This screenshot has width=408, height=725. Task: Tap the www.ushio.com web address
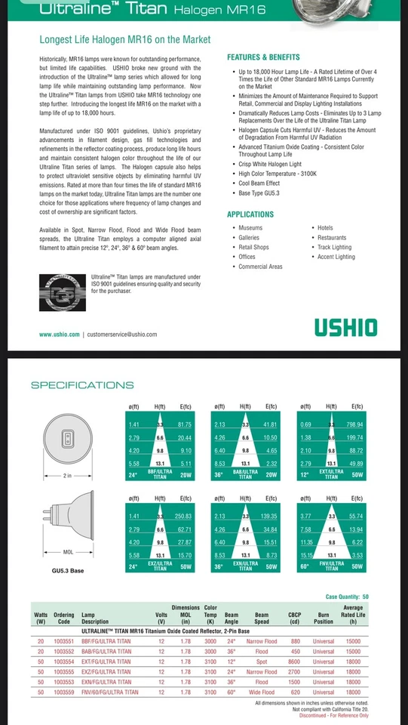60,334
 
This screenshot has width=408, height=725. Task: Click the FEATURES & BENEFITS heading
263,57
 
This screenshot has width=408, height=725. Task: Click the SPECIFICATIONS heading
82,385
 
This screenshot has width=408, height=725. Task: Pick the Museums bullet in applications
250,227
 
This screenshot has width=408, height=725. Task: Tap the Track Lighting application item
334,247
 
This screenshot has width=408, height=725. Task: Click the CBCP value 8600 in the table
295,659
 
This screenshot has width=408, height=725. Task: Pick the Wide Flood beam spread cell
262,692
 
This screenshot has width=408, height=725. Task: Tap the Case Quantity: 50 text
347,597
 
